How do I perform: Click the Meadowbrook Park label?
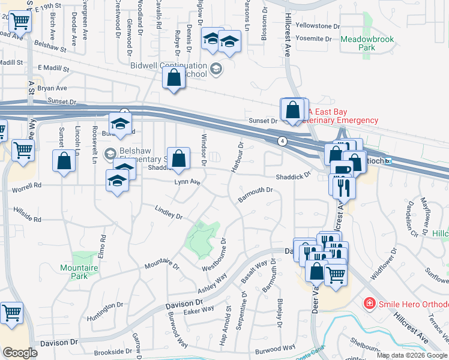tap(367, 43)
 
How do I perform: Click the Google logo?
tap(20, 353)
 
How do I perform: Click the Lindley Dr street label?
tap(168, 212)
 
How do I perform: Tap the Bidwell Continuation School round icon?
tap(216, 70)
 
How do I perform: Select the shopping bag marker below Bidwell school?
tap(174, 78)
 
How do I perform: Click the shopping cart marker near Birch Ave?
tap(20, 23)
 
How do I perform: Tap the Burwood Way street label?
tap(275, 347)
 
